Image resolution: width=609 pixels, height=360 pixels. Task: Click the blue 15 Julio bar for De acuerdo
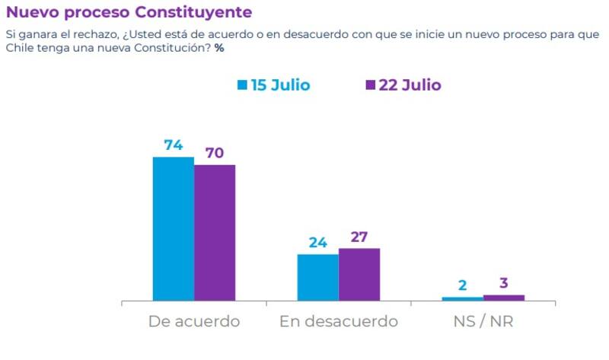click(174, 228)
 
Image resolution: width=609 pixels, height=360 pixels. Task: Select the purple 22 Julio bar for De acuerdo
click(215, 233)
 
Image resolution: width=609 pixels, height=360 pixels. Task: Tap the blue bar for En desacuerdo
click(317, 278)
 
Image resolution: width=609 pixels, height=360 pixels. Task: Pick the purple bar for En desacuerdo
click(359, 275)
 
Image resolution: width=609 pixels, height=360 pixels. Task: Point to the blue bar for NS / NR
click(462, 299)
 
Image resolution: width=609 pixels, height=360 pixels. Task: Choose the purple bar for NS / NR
click(504, 298)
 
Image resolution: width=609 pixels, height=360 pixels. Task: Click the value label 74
click(174, 145)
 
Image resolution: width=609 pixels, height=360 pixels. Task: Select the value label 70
click(215, 153)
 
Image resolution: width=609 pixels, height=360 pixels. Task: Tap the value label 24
click(317, 243)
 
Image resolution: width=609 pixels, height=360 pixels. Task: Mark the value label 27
click(359, 237)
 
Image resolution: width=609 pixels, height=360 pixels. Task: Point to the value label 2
click(462, 286)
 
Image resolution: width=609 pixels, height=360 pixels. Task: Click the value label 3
click(504, 283)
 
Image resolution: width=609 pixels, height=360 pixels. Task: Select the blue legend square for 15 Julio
click(242, 85)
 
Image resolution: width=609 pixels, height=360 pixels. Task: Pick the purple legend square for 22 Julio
click(371, 85)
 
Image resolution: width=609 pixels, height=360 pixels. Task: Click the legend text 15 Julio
click(280, 85)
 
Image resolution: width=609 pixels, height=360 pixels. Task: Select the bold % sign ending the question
click(219, 49)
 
